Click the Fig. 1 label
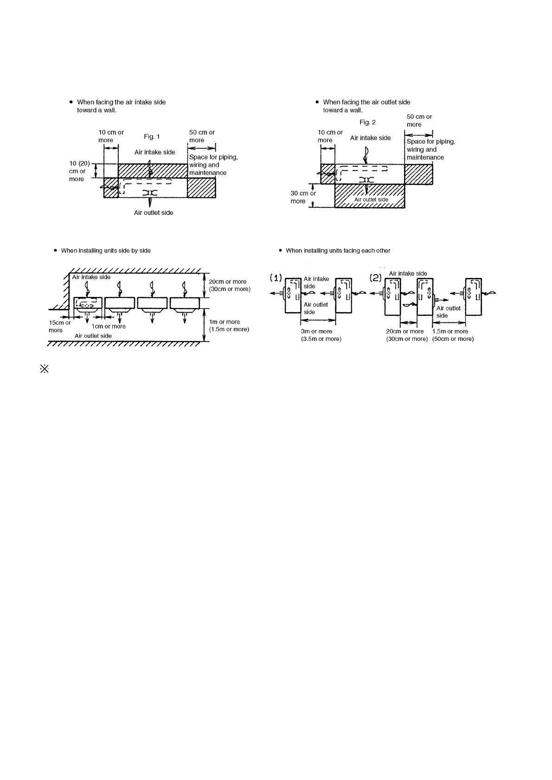pyautogui.click(x=152, y=137)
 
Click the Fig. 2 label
pyautogui.click(x=367, y=122)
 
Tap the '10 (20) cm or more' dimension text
pyautogui.click(x=79, y=171)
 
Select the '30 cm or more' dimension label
pyautogui.click(x=303, y=197)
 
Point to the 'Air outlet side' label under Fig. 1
pyautogui.click(x=154, y=213)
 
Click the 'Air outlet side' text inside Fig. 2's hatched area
pyautogui.click(x=371, y=200)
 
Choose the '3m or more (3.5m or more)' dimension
pyautogui.click(x=321, y=335)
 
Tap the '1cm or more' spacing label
pyautogui.click(x=109, y=326)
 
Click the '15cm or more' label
pyautogui.click(x=59, y=327)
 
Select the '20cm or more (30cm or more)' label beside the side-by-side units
pyautogui.click(x=229, y=285)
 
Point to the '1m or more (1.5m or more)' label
pyautogui.click(x=229, y=326)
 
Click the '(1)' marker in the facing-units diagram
pyautogui.click(x=276, y=278)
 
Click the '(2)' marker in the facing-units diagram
pyautogui.click(x=375, y=278)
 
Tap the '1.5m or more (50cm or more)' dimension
pyautogui.click(x=453, y=335)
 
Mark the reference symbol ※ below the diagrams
pyautogui.click(x=45, y=370)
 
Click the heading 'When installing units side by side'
pyautogui.click(x=106, y=251)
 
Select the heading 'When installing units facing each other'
pyautogui.click(x=338, y=251)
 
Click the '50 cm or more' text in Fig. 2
pyautogui.click(x=419, y=120)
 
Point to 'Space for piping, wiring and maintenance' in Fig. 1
pyautogui.click(x=213, y=165)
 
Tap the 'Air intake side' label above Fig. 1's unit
pyautogui.click(x=154, y=152)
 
